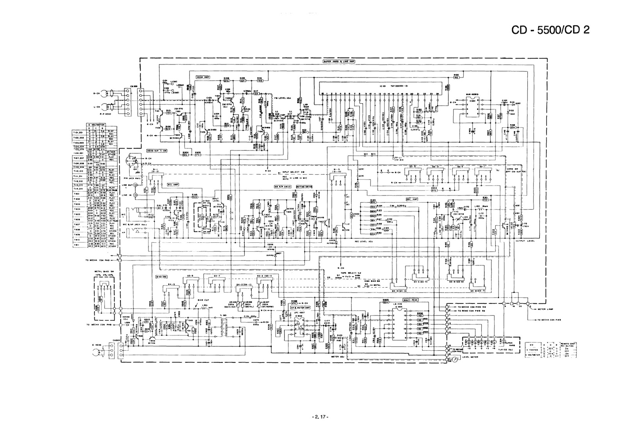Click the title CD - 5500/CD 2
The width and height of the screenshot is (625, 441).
point(550,30)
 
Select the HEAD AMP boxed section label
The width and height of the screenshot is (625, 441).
point(203,77)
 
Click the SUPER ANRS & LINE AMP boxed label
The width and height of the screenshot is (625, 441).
point(339,61)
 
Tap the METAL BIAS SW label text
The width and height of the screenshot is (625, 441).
point(104,271)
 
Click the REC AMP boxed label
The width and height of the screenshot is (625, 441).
point(411,199)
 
